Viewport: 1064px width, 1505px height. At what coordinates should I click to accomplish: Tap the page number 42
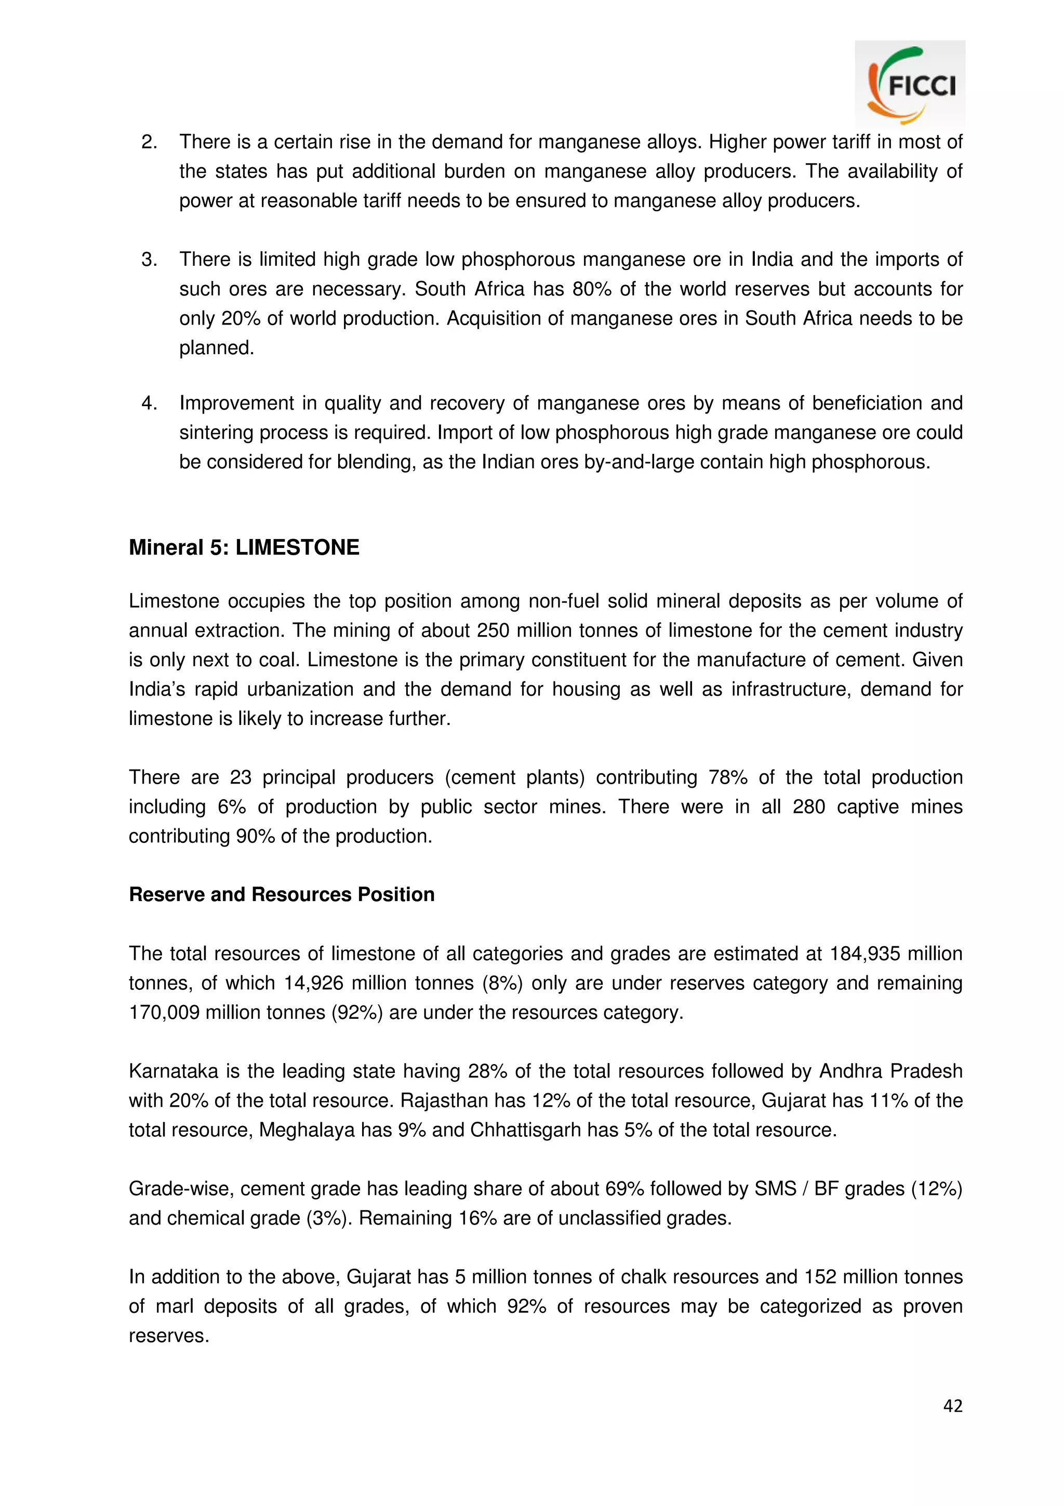click(952, 1405)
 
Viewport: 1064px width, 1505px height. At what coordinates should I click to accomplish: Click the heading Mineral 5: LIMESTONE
click(244, 547)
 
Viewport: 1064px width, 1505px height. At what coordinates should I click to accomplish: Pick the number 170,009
click(164, 1012)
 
